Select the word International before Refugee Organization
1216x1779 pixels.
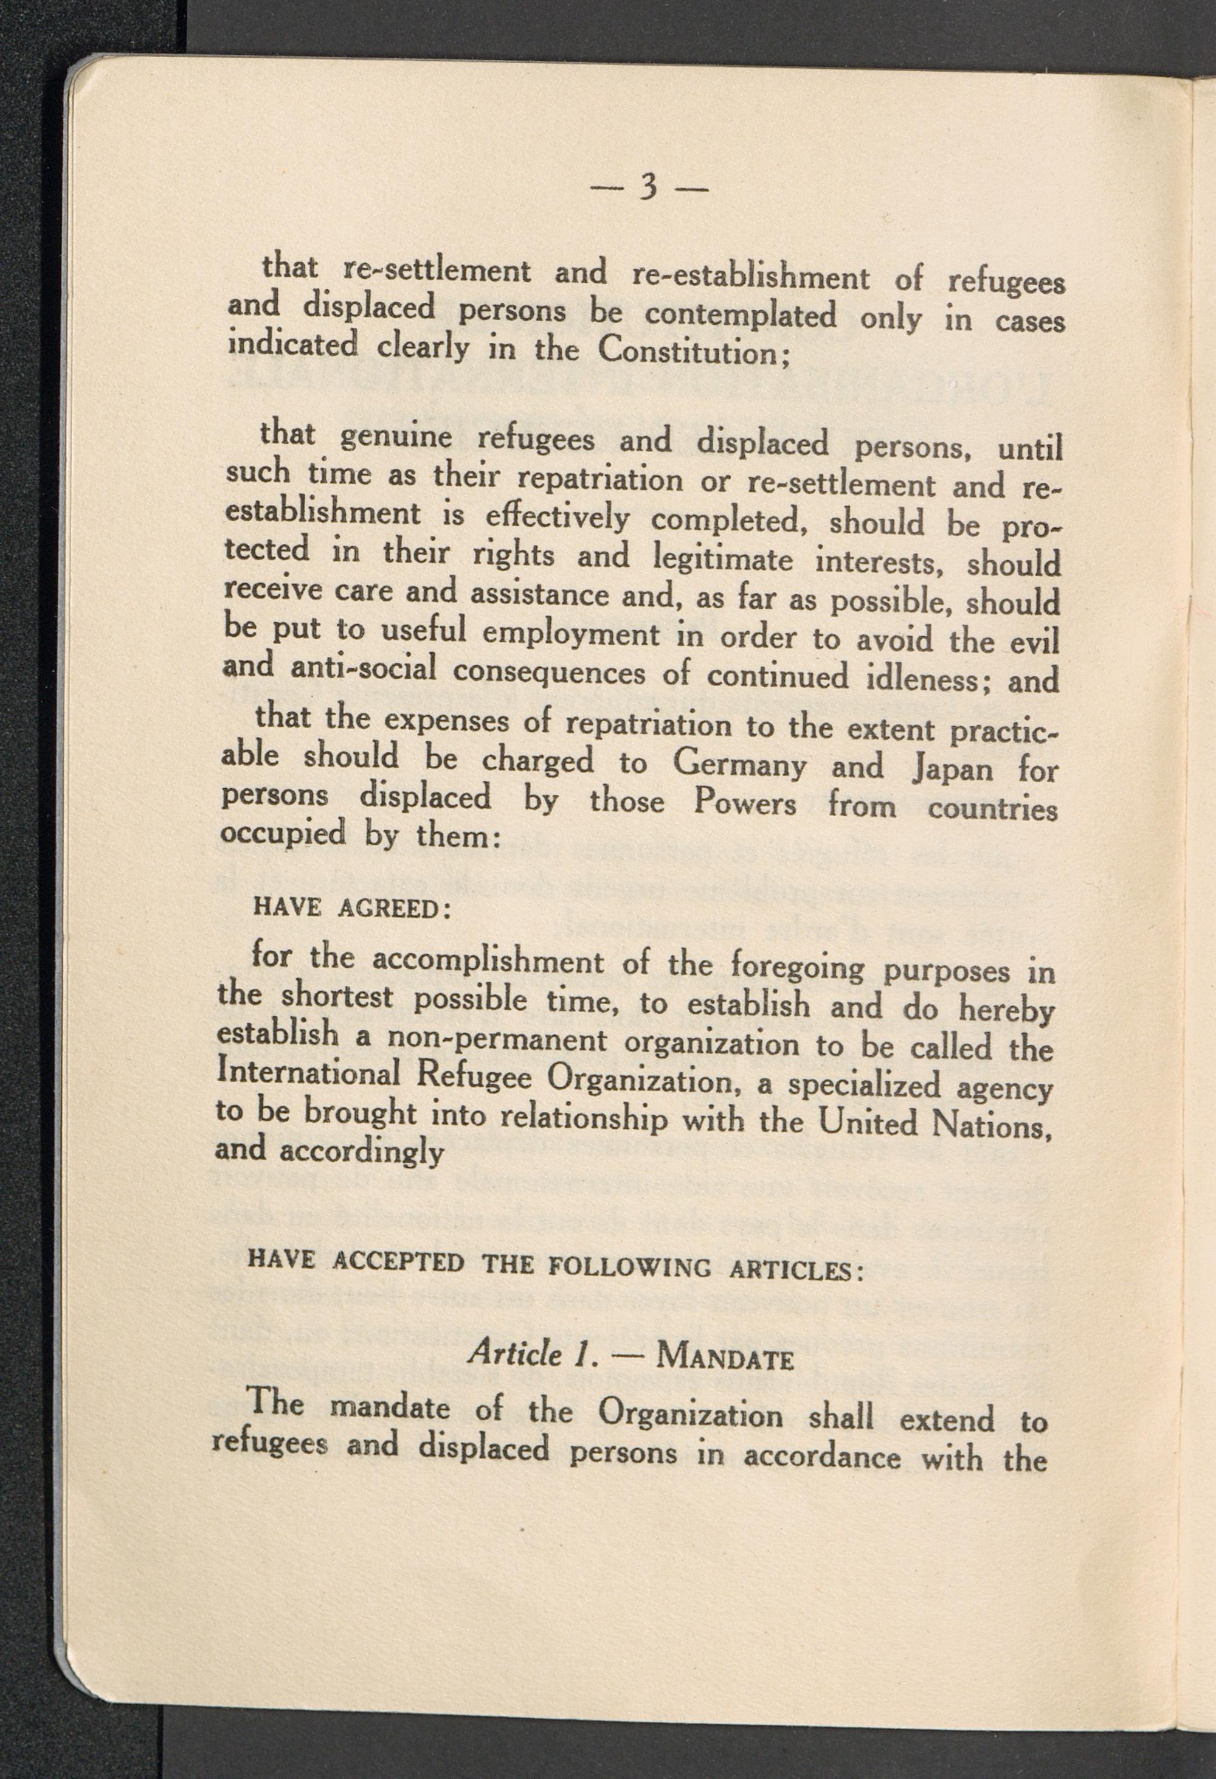pos(309,1072)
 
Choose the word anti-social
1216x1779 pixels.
pos(364,668)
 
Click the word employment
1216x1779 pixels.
pos(572,634)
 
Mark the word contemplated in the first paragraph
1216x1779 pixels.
pos(741,314)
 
